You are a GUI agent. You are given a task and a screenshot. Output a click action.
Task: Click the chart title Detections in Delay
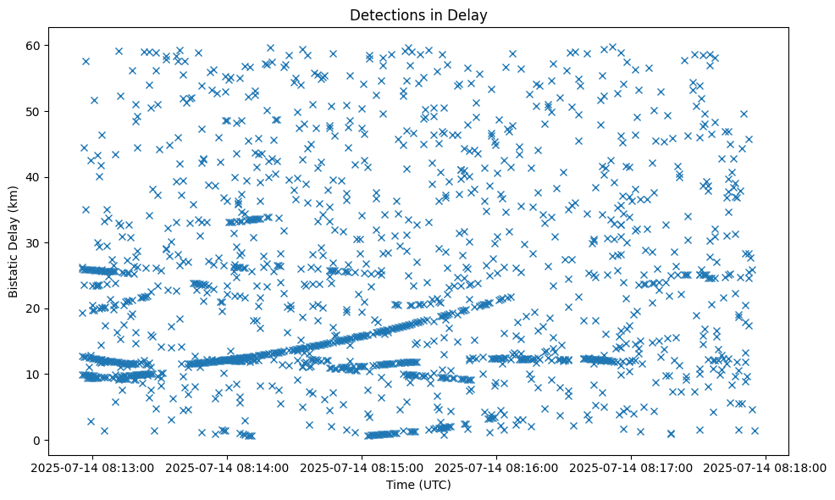418,14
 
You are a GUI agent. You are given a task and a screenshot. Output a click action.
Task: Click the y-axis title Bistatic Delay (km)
14,241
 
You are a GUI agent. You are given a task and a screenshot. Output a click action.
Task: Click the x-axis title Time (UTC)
418,485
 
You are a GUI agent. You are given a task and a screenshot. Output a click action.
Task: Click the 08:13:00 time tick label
93,468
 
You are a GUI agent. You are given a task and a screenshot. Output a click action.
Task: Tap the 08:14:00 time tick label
228,468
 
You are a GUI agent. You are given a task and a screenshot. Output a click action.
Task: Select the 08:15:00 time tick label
362,468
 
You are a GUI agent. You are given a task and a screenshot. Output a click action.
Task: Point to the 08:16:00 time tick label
497,468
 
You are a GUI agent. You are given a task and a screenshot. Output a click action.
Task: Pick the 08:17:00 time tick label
632,468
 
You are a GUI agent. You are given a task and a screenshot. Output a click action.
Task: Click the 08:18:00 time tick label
766,468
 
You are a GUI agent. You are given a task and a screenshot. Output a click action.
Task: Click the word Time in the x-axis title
400,485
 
